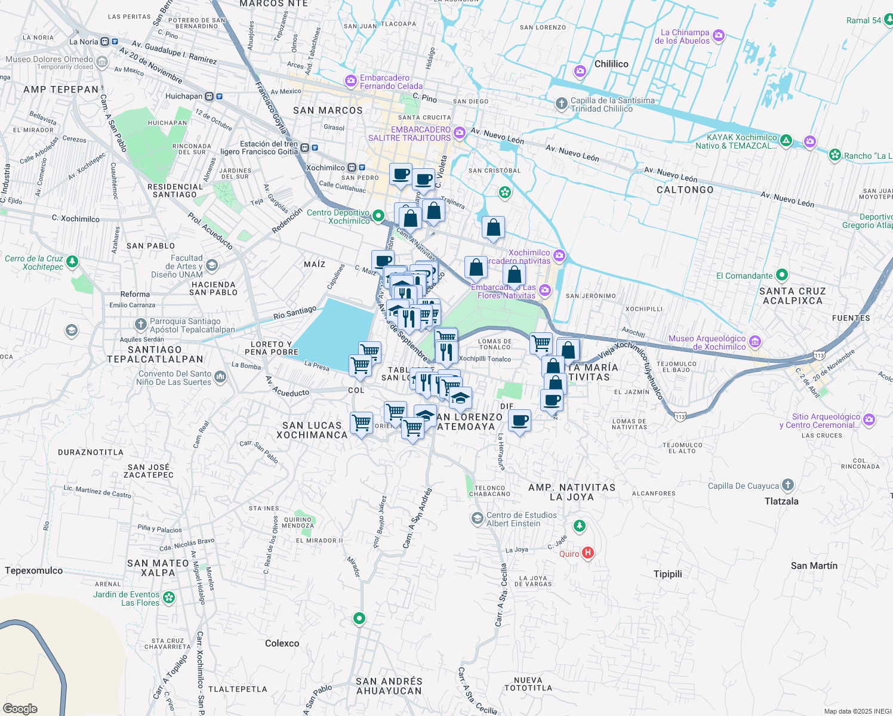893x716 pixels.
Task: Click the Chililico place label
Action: [x=611, y=64]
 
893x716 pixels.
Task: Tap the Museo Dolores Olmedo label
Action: [x=49, y=60]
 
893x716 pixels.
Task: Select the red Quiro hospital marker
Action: [x=588, y=553]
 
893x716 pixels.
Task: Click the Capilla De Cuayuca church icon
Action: [x=788, y=485]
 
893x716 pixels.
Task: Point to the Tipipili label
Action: [x=667, y=574]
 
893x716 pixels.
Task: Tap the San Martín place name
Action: [x=814, y=566]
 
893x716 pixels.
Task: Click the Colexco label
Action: [x=282, y=643]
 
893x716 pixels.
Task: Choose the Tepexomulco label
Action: [x=33, y=570]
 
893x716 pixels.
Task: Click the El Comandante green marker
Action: [x=782, y=276]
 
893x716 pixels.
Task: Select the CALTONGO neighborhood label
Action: [x=685, y=190]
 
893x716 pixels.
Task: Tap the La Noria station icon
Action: [x=105, y=42]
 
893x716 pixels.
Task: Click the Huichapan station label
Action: [x=184, y=96]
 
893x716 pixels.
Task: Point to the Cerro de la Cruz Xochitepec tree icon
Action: [x=72, y=261]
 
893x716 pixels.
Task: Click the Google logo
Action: [x=20, y=708]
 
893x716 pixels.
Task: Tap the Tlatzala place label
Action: [x=781, y=501]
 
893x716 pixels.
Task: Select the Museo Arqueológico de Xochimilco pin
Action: [x=755, y=342]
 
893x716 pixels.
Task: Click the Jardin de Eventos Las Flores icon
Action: [x=169, y=597]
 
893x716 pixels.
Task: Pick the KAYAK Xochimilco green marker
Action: [x=786, y=141]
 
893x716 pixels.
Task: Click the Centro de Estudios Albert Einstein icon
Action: [x=477, y=518]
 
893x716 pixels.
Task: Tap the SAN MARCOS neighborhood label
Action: [x=328, y=110]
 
